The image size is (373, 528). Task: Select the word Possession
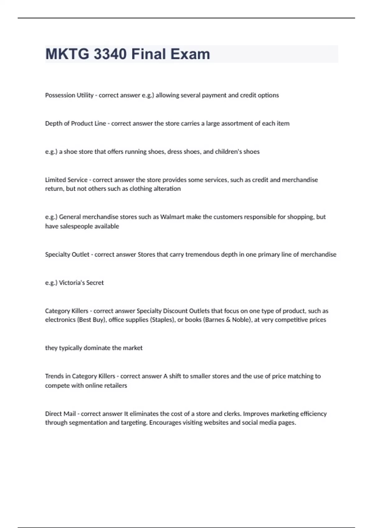(60, 95)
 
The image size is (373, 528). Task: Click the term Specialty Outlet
(67, 254)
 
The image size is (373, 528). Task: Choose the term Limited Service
(66, 180)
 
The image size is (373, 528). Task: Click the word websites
(218, 422)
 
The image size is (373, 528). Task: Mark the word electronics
(60, 320)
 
